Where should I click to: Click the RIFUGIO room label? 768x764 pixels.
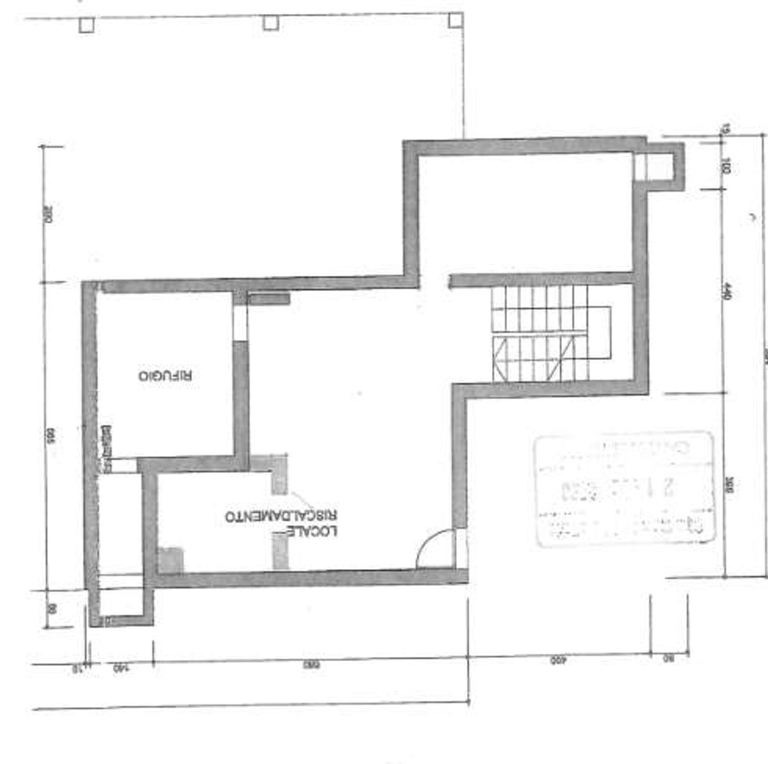click(x=166, y=375)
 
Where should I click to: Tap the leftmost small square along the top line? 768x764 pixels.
click(x=86, y=25)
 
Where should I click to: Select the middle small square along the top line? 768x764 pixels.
click(x=271, y=22)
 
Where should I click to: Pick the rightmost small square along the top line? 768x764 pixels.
click(x=455, y=20)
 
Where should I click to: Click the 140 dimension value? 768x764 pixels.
click(x=120, y=669)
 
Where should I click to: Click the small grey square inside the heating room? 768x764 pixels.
click(x=171, y=560)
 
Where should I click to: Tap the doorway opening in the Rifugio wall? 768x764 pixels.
click(x=240, y=323)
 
